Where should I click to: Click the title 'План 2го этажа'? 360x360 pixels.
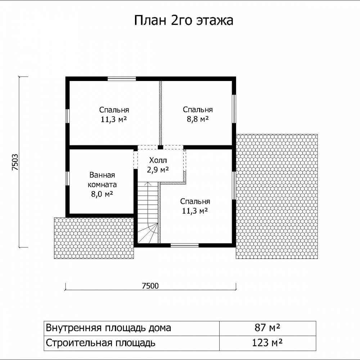[x=184, y=21]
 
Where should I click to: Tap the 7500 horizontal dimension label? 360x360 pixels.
[x=150, y=286]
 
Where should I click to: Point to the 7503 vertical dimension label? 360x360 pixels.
[x=15, y=162]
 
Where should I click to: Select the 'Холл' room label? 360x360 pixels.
[x=158, y=160]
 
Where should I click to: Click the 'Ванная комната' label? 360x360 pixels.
[x=102, y=180]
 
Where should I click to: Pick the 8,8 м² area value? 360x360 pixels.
[x=198, y=120]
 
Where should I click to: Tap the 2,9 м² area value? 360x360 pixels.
[x=158, y=170]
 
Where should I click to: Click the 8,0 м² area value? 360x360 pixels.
[x=102, y=194]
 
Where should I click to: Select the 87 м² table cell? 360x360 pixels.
[x=267, y=328]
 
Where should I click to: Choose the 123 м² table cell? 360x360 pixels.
[x=267, y=343]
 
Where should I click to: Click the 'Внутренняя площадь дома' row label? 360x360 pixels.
[x=108, y=328]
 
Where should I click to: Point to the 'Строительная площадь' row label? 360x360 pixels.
[x=100, y=343]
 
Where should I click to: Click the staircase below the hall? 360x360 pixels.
[x=148, y=213]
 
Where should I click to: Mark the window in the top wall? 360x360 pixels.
[x=122, y=79]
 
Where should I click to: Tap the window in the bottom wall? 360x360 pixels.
[x=185, y=246]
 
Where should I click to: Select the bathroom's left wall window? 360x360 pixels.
[x=68, y=178]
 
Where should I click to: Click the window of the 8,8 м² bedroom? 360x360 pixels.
[x=234, y=109]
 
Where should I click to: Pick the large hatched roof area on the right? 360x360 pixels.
[x=277, y=197]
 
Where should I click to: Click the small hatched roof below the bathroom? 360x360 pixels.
[x=94, y=238]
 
